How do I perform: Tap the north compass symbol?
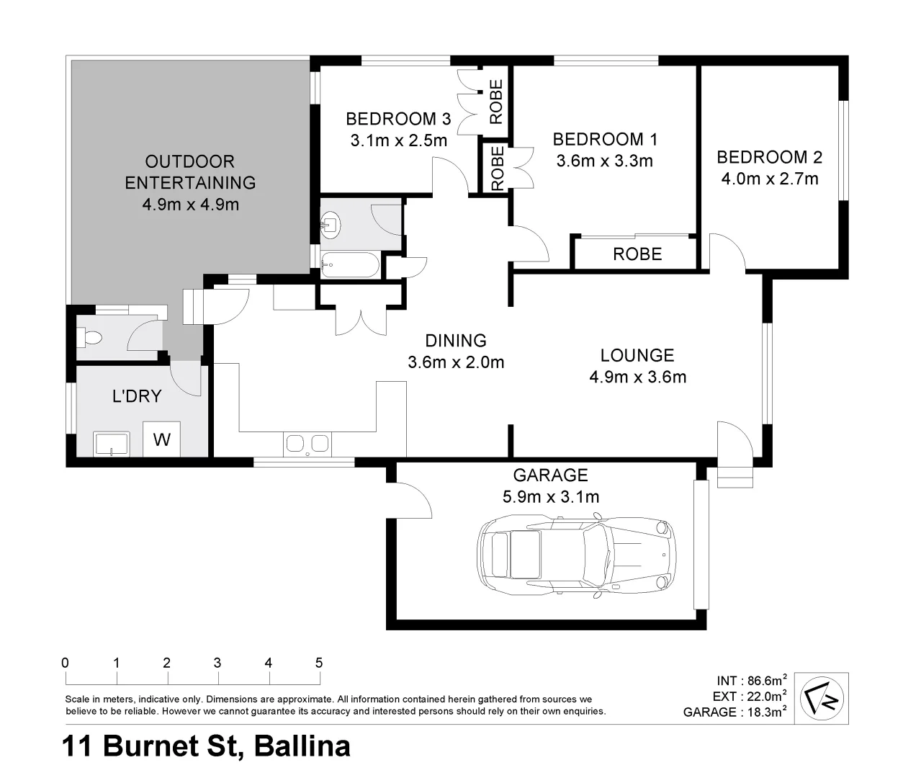(x=822, y=697)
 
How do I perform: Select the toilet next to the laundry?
(x=91, y=337)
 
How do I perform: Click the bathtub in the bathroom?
(x=349, y=265)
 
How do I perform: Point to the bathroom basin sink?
(x=331, y=224)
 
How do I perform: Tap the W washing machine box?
(x=162, y=439)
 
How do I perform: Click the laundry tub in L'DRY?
(x=112, y=444)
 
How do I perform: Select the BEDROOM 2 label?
(x=769, y=157)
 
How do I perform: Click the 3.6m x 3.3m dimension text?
(x=604, y=161)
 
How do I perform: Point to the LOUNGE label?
(x=637, y=355)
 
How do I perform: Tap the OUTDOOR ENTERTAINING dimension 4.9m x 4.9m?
(x=190, y=204)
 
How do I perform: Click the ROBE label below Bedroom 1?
(x=637, y=254)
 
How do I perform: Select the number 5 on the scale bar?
(x=319, y=663)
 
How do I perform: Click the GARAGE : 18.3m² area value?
(x=734, y=712)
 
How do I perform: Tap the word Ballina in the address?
(x=302, y=746)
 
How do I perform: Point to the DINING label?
(x=456, y=340)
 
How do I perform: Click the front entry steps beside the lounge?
(x=734, y=477)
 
